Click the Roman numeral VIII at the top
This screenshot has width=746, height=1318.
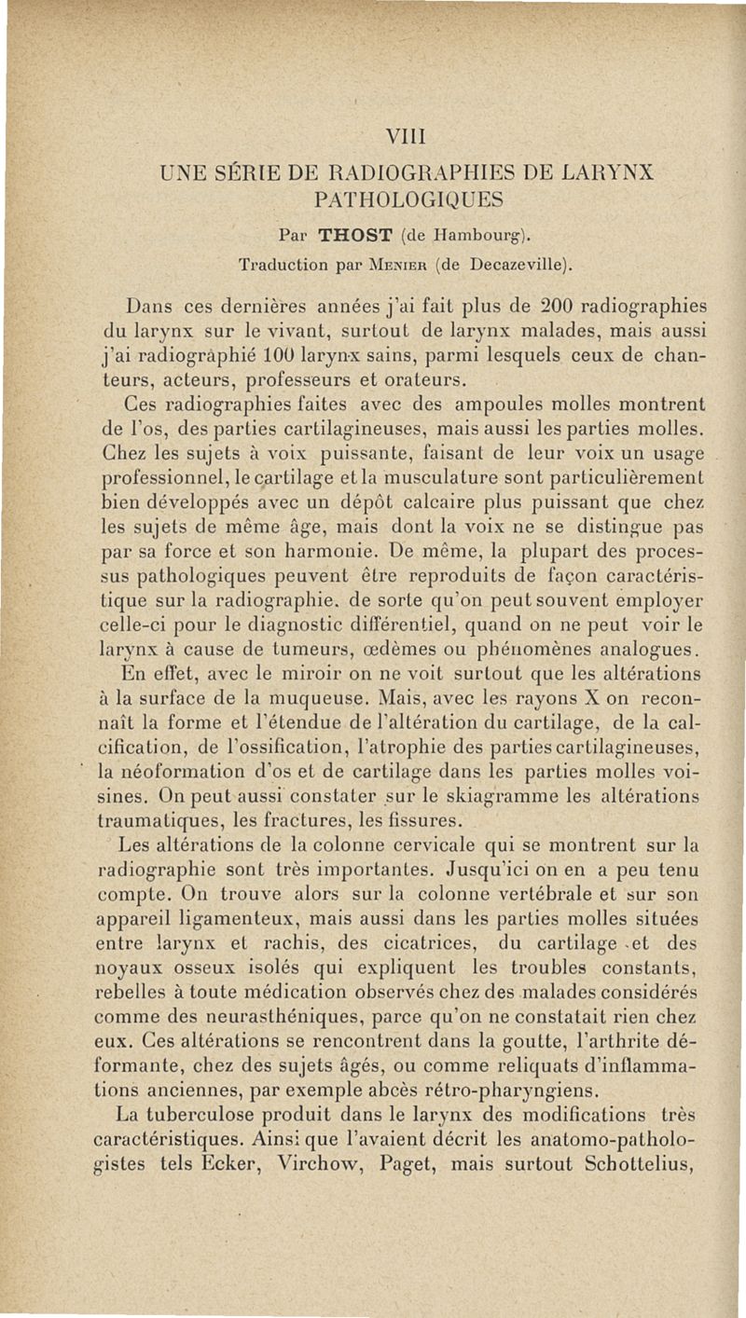click(409, 137)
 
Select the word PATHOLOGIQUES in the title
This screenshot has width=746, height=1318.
click(409, 199)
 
